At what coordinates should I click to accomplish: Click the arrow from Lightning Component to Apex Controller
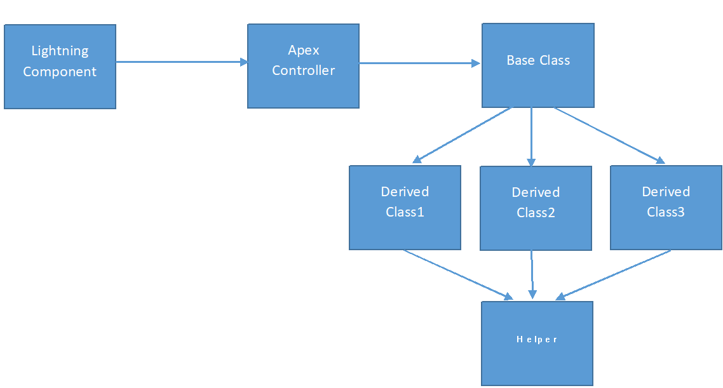point(181,62)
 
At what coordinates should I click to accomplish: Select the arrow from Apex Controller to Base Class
point(419,64)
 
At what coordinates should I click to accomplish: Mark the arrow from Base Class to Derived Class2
point(532,137)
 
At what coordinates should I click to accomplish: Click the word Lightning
point(60,51)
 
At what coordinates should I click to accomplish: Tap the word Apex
point(303,50)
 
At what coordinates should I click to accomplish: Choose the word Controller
point(303,70)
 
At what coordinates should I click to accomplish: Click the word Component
point(60,72)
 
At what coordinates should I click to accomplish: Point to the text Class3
point(666,212)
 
